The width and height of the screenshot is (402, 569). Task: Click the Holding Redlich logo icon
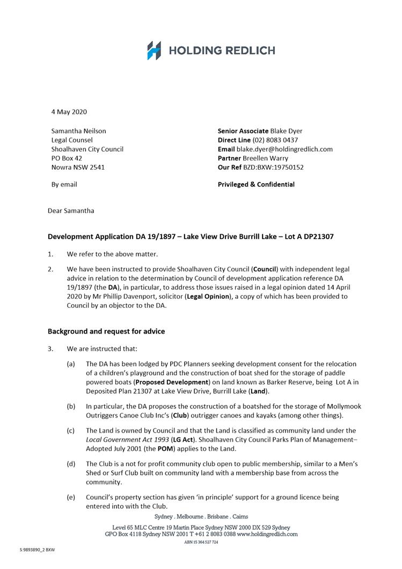point(154,51)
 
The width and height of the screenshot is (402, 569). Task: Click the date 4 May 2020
point(69,112)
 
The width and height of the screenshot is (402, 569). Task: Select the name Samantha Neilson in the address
point(78,131)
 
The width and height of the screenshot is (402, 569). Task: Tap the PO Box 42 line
point(67,158)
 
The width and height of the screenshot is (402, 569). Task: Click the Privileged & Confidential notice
point(256,184)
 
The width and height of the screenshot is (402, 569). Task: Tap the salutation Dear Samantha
point(71,210)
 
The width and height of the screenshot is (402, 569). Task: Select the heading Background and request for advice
point(106,331)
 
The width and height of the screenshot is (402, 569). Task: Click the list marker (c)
point(71,430)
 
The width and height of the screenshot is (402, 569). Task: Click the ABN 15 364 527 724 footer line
point(201,543)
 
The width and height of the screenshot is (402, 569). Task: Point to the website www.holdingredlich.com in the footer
point(267,535)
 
